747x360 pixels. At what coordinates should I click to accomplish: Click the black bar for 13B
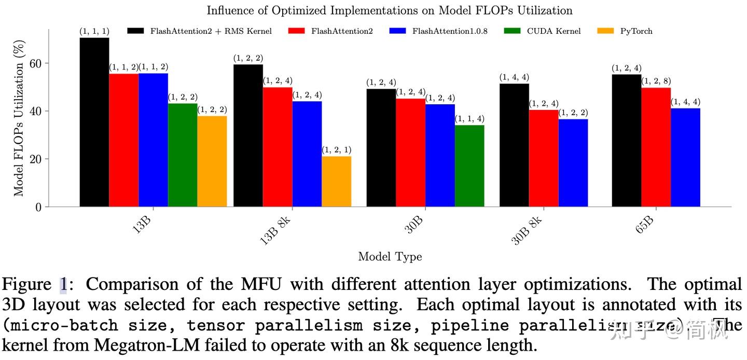click(94, 122)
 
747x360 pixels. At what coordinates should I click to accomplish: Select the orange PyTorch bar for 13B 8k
click(336, 182)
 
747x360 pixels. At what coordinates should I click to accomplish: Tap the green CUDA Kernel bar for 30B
click(469, 166)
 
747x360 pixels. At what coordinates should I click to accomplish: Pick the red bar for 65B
click(656, 147)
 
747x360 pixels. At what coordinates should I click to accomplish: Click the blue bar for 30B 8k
click(573, 163)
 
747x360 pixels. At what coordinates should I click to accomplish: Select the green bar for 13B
click(183, 155)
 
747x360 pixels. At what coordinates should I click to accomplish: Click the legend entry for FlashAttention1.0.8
click(449, 31)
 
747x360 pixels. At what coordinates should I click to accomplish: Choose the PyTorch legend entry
click(636, 31)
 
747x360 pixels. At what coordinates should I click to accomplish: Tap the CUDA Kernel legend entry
click(554, 31)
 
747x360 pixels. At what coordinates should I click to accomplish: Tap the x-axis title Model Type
click(390, 257)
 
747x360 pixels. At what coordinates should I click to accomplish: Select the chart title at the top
click(390, 10)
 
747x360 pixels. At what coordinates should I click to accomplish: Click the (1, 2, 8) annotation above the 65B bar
click(656, 81)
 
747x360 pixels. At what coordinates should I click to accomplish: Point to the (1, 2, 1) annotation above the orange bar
click(336, 150)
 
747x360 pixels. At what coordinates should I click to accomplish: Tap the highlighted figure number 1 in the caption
click(63, 285)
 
